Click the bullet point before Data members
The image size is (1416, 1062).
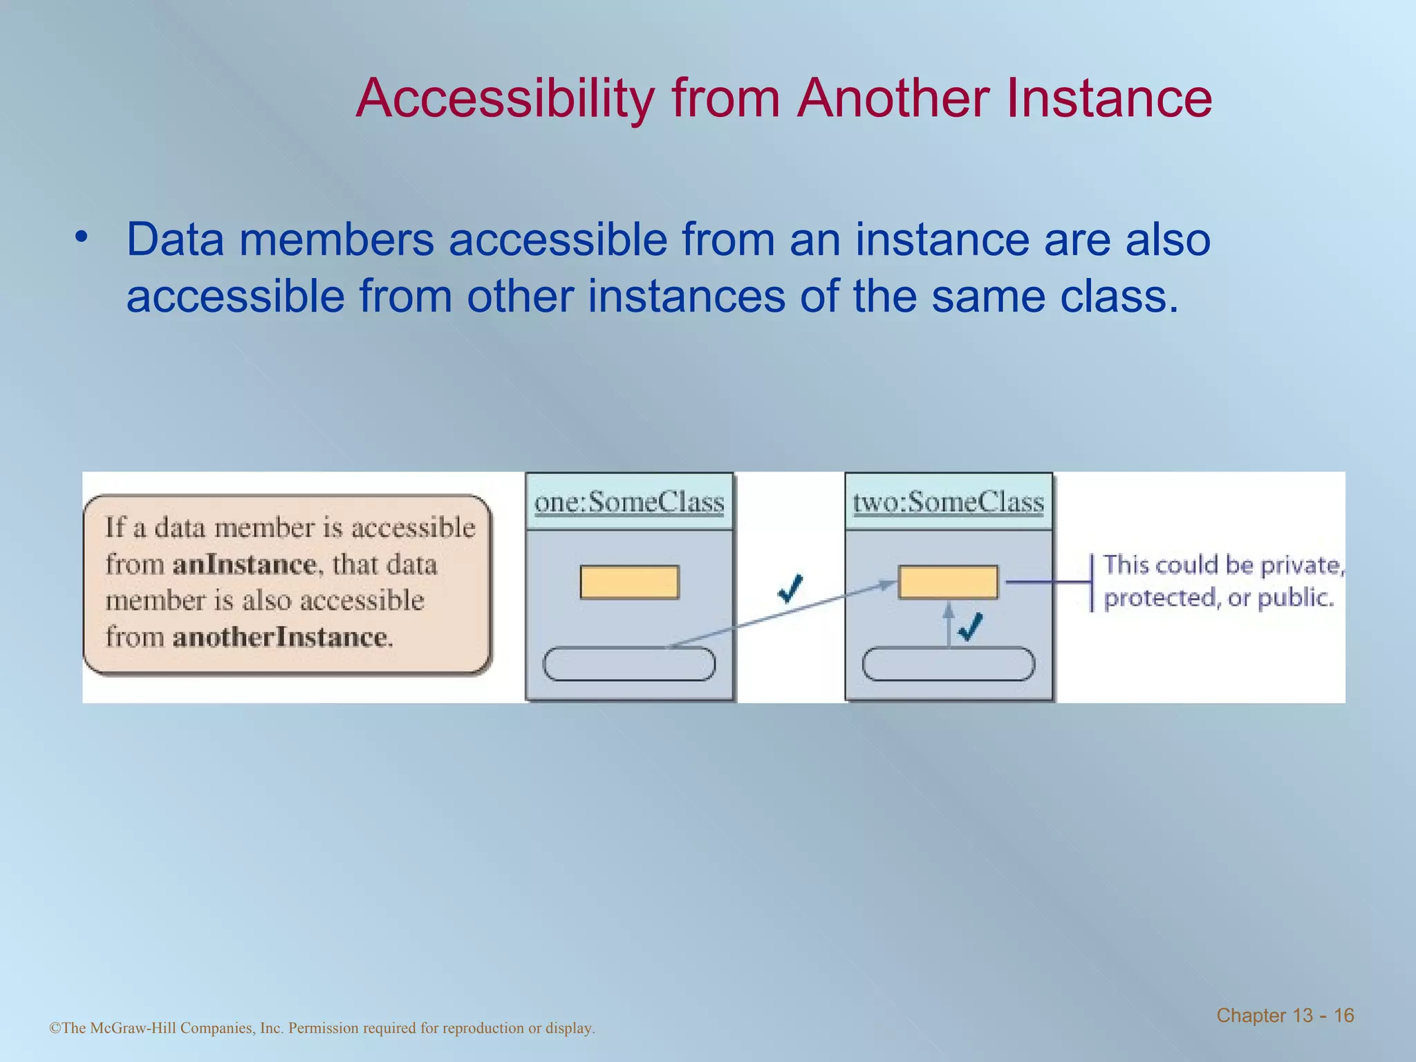point(82,237)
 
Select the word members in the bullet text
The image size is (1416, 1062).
point(337,240)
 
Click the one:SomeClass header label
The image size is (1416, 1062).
point(629,502)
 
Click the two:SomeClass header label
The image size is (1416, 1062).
point(948,502)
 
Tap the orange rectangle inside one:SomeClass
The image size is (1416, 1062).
point(629,582)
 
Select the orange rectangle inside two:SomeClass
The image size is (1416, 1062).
point(948,582)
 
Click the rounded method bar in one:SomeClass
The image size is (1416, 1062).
point(628,664)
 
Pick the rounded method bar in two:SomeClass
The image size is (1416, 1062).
point(948,664)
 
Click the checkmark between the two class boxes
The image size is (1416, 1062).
point(790,588)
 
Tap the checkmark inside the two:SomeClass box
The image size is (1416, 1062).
point(971,626)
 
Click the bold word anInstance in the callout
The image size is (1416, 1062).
point(244,565)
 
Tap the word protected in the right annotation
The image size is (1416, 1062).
point(1159,598)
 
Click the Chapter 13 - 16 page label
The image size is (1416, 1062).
point(1285,1016)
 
